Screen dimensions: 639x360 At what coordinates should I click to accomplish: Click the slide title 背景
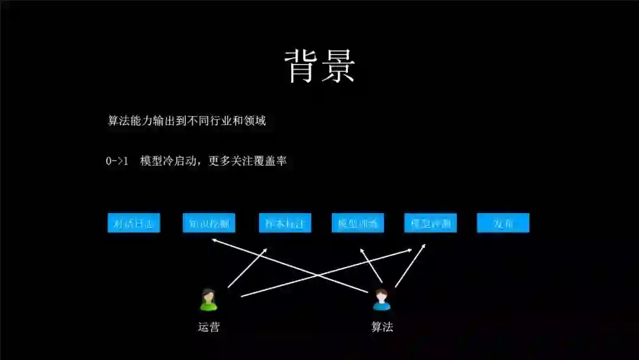319,65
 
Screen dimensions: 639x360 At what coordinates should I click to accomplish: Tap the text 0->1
117,160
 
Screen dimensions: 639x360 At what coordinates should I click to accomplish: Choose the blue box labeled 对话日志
134,223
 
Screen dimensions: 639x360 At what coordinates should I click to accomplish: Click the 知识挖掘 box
209,223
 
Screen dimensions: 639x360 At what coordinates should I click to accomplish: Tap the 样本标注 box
285,223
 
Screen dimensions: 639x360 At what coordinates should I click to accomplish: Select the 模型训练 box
358,223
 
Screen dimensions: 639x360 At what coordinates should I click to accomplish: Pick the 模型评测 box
431,223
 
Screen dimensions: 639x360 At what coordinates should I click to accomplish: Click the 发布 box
503,223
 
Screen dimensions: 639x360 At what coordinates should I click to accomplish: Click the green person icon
208,300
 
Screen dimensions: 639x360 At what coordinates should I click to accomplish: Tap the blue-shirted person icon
382,300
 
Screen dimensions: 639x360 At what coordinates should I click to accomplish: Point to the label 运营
208,327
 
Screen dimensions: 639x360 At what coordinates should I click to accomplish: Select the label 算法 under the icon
382,327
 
